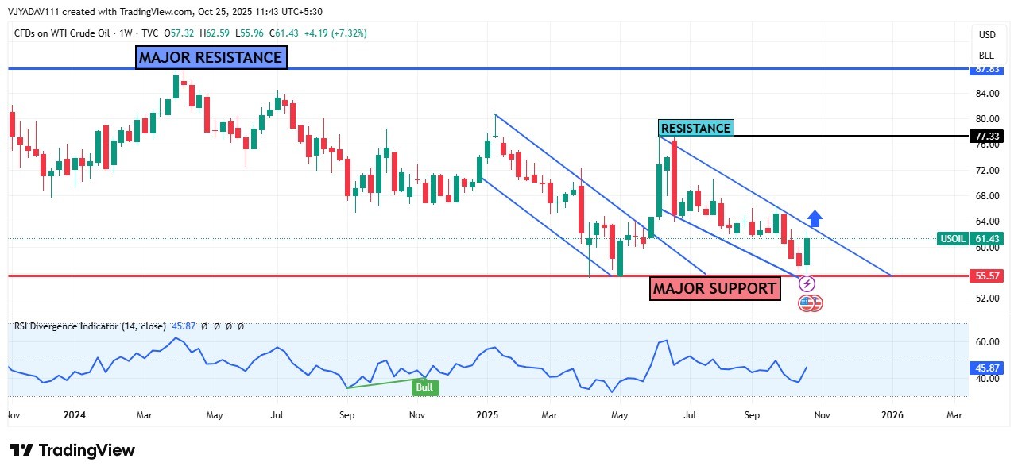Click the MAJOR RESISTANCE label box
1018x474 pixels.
click(211, 57)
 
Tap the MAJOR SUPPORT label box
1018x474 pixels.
click(714, 288)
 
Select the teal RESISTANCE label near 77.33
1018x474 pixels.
click(695, 128)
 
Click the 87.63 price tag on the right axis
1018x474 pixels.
click(987, 69)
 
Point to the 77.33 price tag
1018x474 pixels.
click(987, 136)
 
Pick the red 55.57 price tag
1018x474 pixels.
click(987, 276)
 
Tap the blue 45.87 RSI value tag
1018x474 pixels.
click(987, 368)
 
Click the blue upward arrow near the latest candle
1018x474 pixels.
click(815, 218)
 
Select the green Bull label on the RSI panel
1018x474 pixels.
click(425, 387)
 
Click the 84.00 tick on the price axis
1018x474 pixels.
click(987, 94)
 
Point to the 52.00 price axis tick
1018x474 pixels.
click(987, 299)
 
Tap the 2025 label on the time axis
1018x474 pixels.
click(486, 414)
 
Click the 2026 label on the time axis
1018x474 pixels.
click(892, 414)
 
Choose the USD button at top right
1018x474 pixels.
click(986, 35)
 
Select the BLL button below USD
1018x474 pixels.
click(986, 56)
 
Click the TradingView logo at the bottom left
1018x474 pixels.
click(72, 450)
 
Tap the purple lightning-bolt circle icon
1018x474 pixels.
click(807, 283)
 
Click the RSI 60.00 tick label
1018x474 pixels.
click(987, 342)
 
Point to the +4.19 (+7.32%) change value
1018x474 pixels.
click(333, 33)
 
